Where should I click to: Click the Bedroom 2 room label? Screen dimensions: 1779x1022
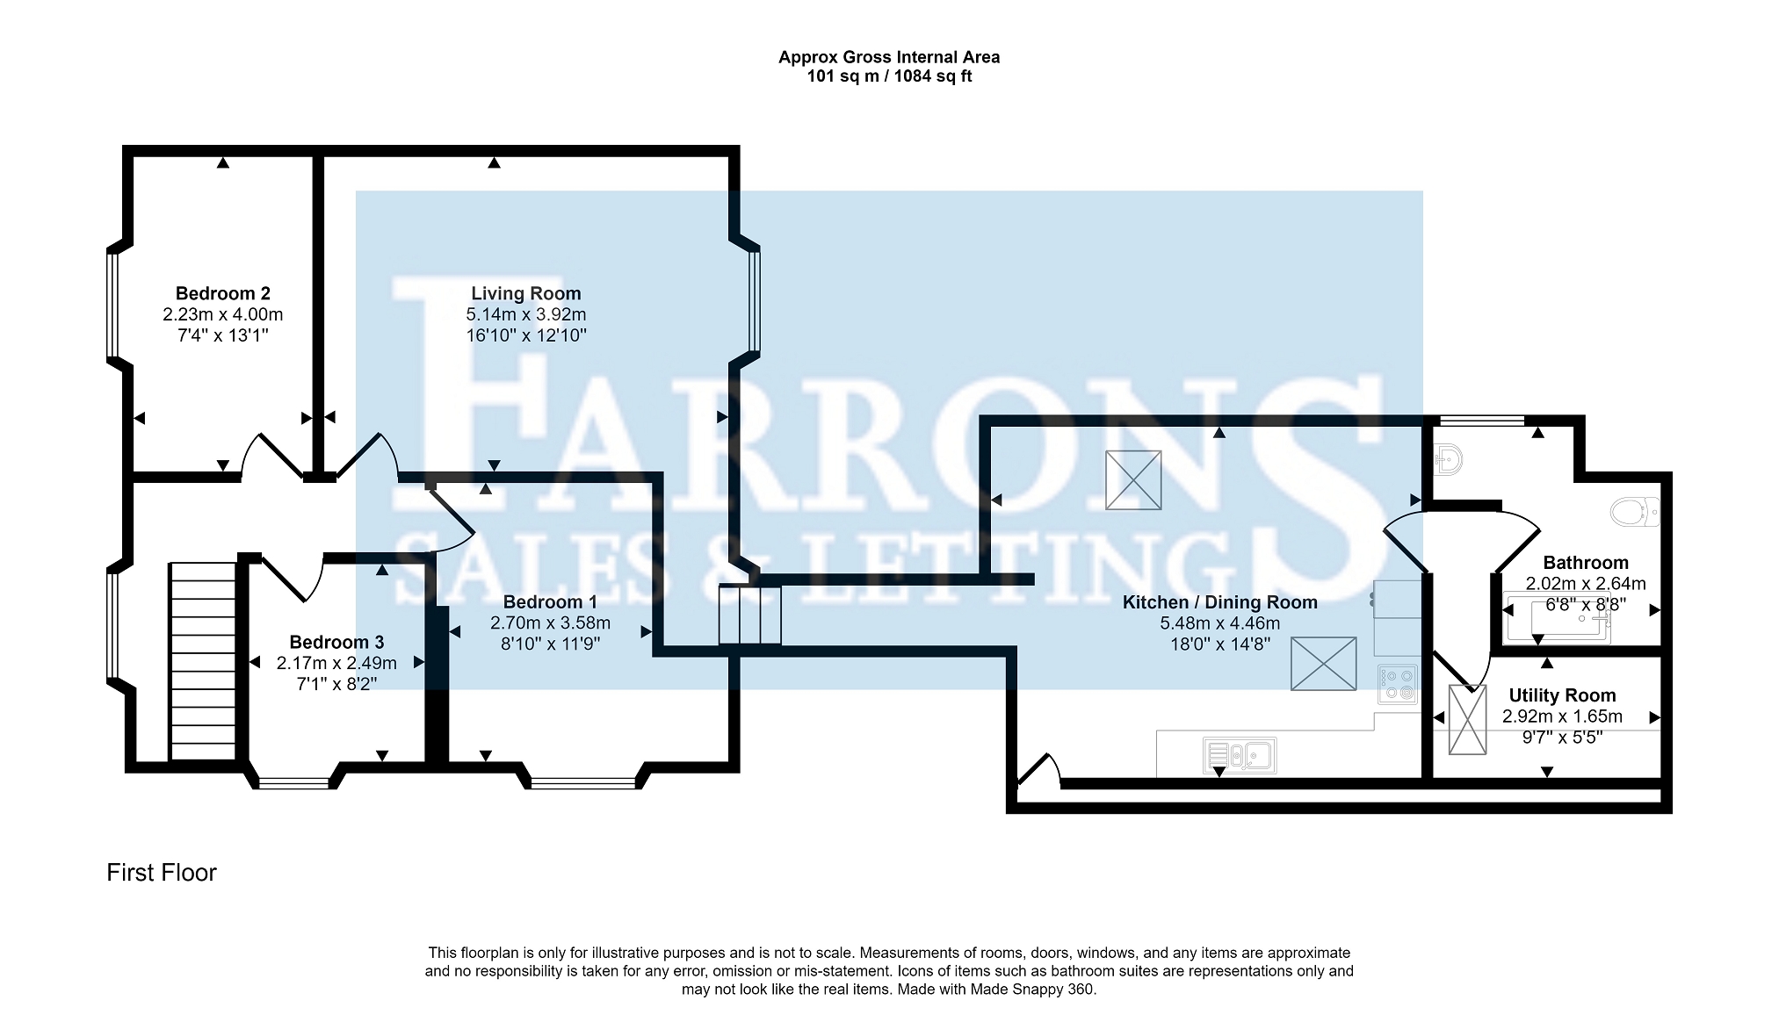(x=222, y=293)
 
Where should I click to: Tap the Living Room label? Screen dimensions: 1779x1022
(x=525, y=293)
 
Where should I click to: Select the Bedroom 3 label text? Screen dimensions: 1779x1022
(x=336, y=643)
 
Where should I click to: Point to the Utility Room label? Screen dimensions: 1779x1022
(x=1562, y=696)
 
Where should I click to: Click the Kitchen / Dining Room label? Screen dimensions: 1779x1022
(x=1219, y=603)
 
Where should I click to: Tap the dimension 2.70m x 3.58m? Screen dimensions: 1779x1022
(x=550, y=623)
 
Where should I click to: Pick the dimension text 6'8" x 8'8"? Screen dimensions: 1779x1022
(x=1586, y=605)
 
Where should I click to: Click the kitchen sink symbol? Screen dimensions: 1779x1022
(x=1239, y=755)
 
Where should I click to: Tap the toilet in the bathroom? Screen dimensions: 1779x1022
(x=1635, y=512)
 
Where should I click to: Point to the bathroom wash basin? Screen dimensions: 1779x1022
(x=1446, y=458)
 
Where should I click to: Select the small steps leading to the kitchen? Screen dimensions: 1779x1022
(x=749, y=615)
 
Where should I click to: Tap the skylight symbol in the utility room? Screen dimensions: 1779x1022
(x=1467, y=719)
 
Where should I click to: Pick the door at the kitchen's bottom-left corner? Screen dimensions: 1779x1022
(x=1039, y=770)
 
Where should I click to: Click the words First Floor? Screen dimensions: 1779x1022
(x=162, y=873)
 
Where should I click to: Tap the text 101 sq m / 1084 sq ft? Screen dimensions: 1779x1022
(x=889, y=76)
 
